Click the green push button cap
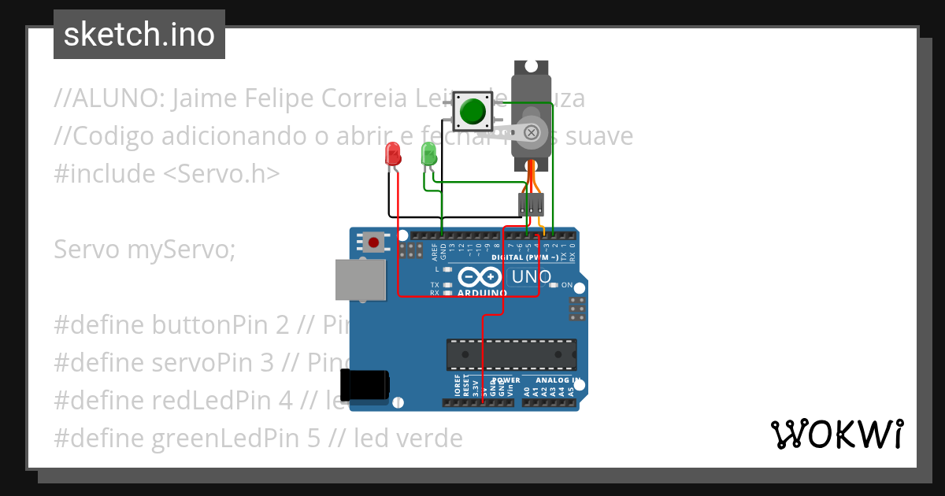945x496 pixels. tap(472, 111)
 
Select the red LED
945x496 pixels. tap(392, 154)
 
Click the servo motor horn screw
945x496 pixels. tap(532, 131)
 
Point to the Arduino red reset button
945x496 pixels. tap(372, 242)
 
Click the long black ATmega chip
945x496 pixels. tap(512, 354)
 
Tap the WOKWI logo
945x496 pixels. tap(836, 434)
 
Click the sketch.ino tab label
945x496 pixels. tap(139, 35)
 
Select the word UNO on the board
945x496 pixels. tap(532, 277)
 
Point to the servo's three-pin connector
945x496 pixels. tap(532, 205)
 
